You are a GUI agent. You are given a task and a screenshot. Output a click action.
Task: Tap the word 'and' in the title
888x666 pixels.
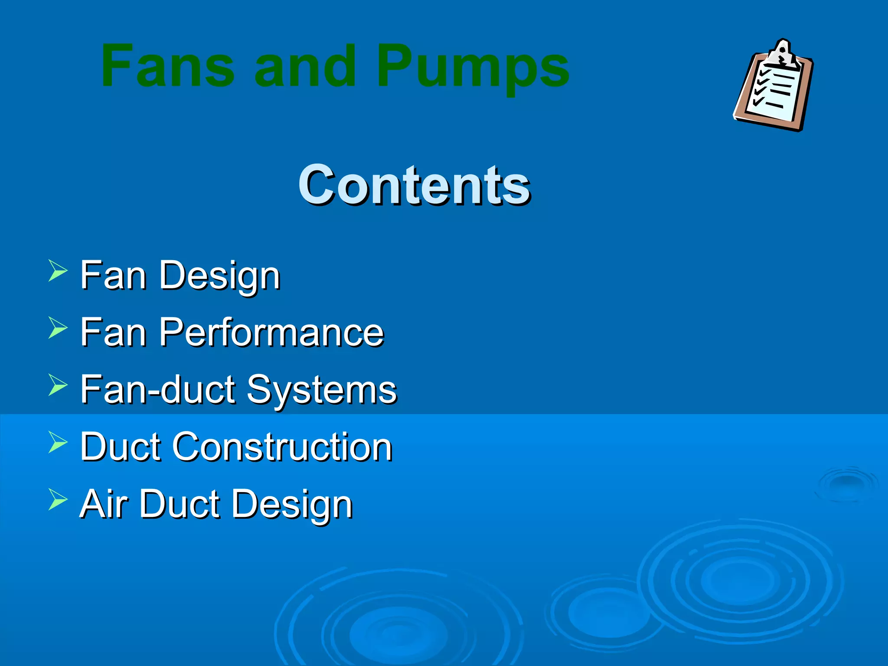click(306, 66)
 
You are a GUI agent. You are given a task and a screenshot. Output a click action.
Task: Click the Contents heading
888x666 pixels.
click(414, 185)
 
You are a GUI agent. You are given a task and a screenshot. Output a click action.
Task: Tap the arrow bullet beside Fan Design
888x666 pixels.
click(58, 271)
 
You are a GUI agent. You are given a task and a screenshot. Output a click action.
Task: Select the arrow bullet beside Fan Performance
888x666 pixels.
click(58, 328)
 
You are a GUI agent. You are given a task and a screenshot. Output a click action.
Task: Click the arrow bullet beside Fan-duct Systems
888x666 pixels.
click(58, 385)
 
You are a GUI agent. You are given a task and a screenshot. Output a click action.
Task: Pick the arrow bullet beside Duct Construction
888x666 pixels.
click(58, 442)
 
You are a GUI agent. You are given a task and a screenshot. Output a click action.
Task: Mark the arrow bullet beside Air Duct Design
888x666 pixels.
click(58, 499)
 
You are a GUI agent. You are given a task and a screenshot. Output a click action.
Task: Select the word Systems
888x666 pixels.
click(321, 390)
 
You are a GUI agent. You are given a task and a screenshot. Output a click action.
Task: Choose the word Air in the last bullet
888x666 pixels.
click(104, 504)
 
